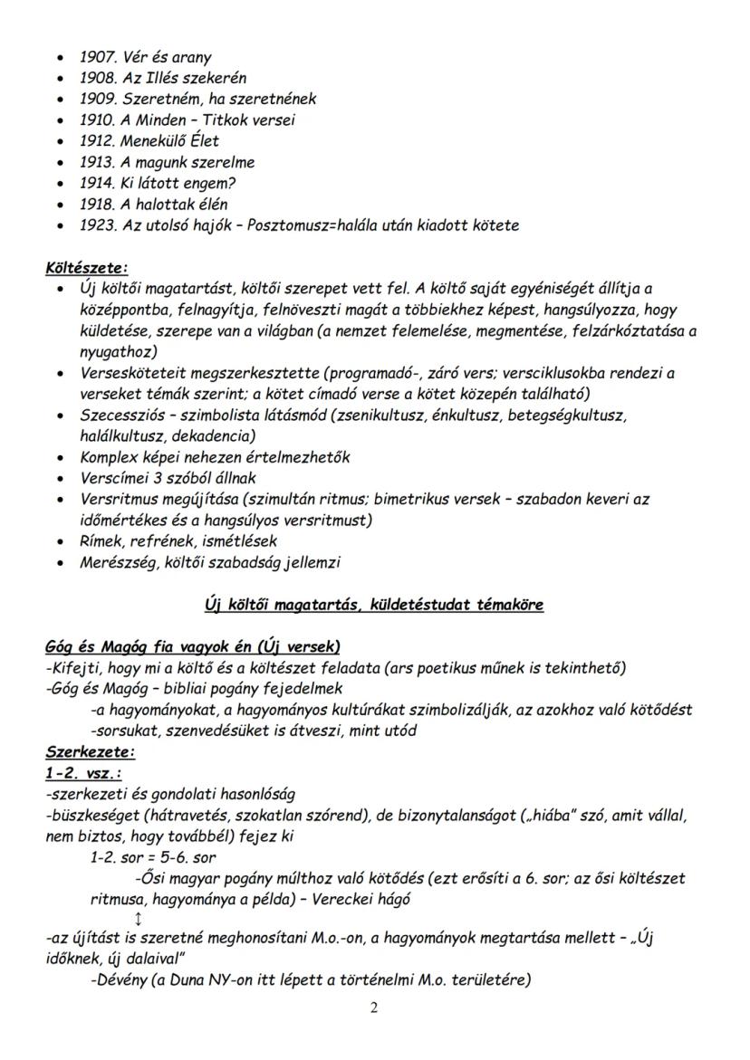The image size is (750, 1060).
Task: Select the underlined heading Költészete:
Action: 87,268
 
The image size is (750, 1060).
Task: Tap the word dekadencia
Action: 197,435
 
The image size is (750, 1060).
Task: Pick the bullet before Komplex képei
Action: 60,457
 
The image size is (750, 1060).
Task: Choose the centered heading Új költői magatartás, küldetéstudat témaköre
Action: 374,605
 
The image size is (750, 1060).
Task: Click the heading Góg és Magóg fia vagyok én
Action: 192,646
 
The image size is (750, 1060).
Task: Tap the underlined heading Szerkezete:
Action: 90,751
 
